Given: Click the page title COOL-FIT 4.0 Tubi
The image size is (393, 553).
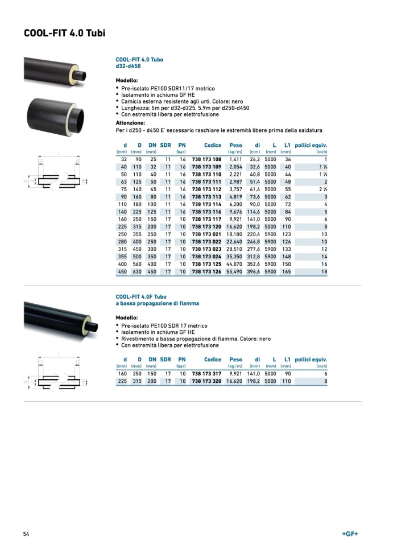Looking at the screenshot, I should click(x=64, y=33).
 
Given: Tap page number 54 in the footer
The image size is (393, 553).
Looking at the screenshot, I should click(x=26, y=534).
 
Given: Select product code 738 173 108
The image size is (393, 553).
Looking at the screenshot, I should click(x=206, y=160).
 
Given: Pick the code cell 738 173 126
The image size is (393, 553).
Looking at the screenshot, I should click(x=206, y=272).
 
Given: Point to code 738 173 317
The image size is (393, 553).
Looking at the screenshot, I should click(x=206, y=374).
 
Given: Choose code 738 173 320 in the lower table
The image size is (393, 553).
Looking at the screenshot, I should click(x=206, y=381).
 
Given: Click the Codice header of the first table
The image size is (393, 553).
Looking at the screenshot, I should click(x=213, y=145).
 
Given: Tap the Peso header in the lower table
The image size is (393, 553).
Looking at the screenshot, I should click(x=235, y=360).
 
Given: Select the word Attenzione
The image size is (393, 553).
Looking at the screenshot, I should click(x=130, y=123).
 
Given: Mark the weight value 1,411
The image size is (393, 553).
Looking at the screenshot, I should click(x=236, y=160).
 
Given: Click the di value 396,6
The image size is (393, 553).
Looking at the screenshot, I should click(x=253, y=272).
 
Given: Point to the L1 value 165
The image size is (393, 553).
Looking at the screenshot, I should click(x=286, y=272).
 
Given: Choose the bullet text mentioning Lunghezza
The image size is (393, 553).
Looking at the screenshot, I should click(x=185, y=108).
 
